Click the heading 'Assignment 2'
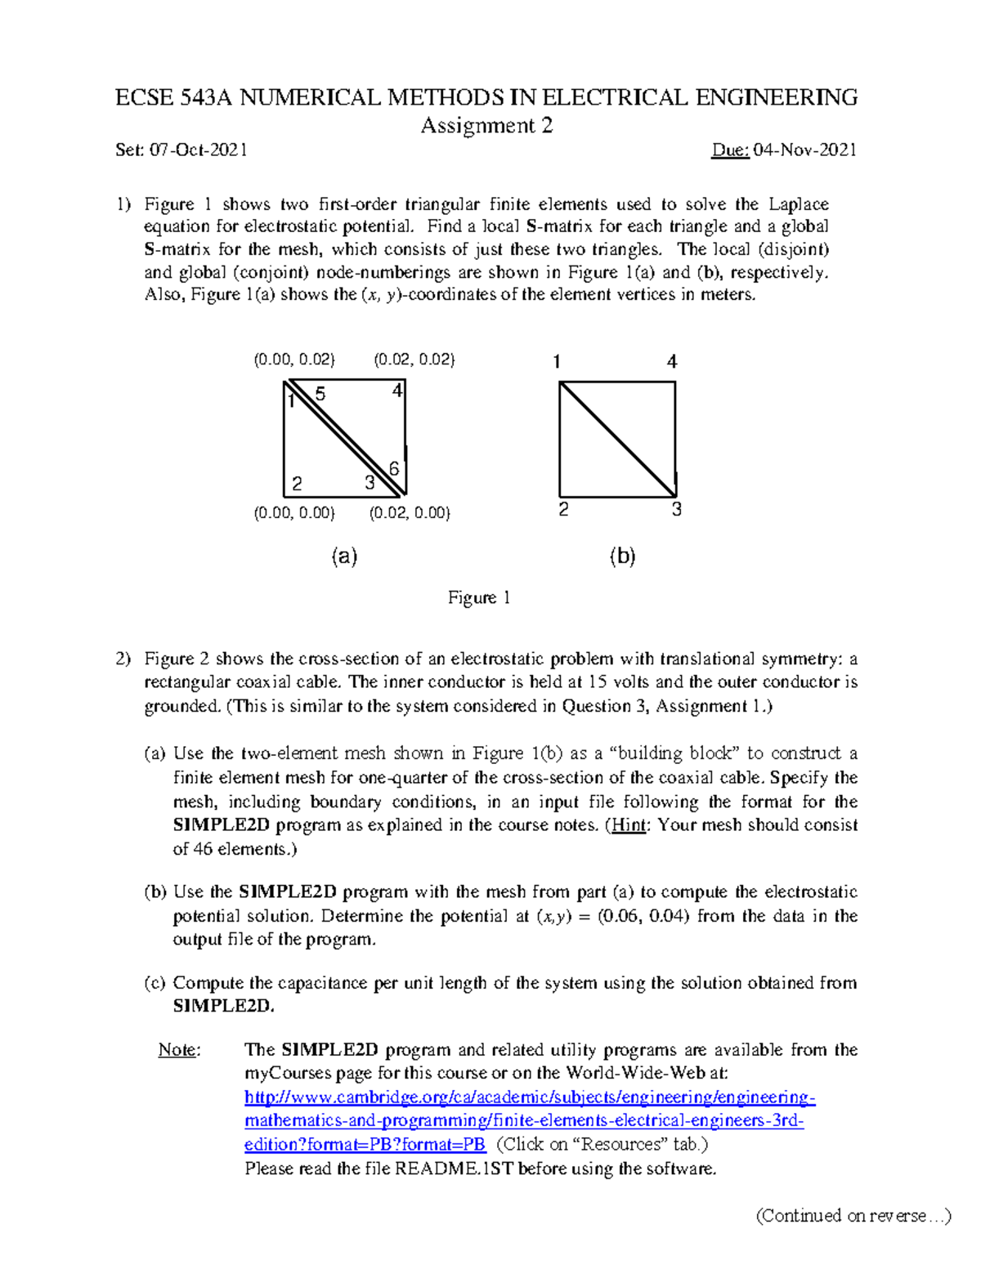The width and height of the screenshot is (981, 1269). [x=486, y=126]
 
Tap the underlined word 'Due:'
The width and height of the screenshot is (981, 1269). [x=730, y=150]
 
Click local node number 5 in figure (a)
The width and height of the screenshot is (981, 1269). [x=320, y=394]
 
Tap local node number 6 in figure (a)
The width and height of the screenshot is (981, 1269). [x=394, y=468]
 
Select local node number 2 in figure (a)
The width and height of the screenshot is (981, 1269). [x=297, y=484]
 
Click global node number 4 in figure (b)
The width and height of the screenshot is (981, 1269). [x=672, y=361]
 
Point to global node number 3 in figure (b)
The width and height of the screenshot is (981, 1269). [x=676, y=510]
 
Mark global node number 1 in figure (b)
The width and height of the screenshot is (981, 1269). [x=557, y=361]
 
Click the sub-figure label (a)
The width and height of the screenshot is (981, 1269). [x=344, y=556]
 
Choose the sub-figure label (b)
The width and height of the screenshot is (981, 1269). [x=622, y=556]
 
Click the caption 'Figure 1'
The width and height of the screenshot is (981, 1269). [x=479, y=598]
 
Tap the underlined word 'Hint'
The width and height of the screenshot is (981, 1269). [x=629, y=825]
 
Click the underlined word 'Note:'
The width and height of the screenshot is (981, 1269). [x=179, y=1050]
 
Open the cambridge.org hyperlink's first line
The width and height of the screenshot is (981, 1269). [x=530, y=1097]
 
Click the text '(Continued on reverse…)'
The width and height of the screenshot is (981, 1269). [x=853, y=1216]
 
